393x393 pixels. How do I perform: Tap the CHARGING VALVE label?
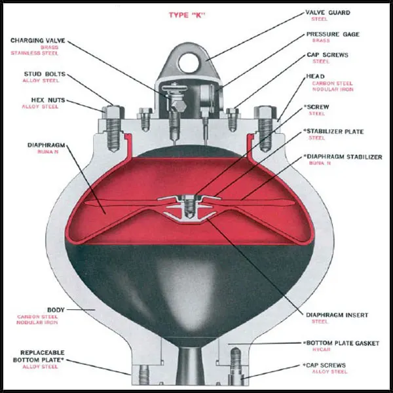point(38,41)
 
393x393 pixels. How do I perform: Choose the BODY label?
point(55,309)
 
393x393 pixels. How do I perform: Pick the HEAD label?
point(315,76)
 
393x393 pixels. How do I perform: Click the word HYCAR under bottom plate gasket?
point(318,350)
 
